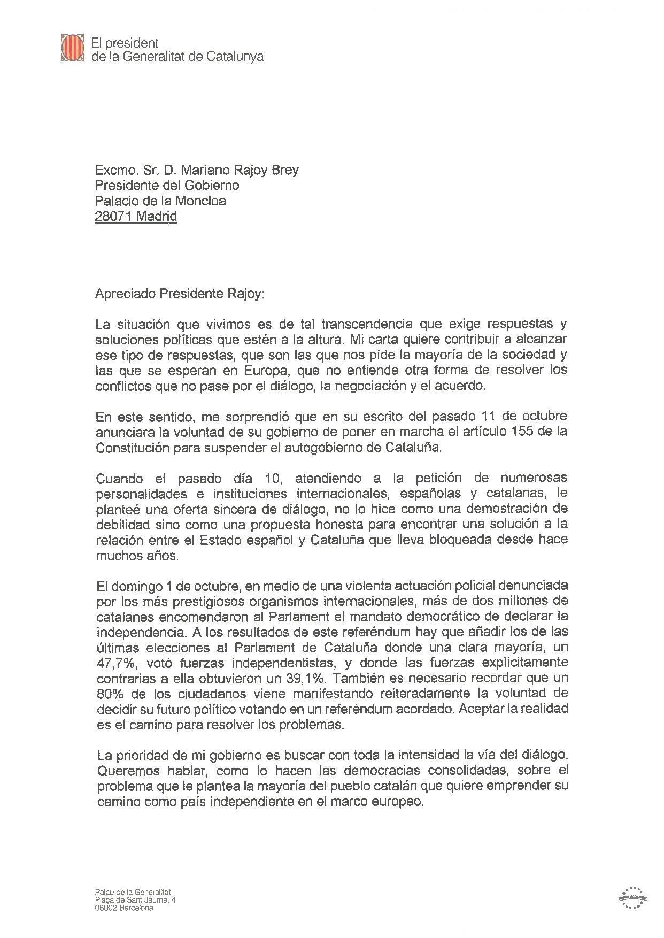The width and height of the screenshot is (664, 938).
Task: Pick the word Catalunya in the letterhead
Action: [x=235, y=57]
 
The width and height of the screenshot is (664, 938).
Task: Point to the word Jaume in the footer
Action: [x=152, y=901]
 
